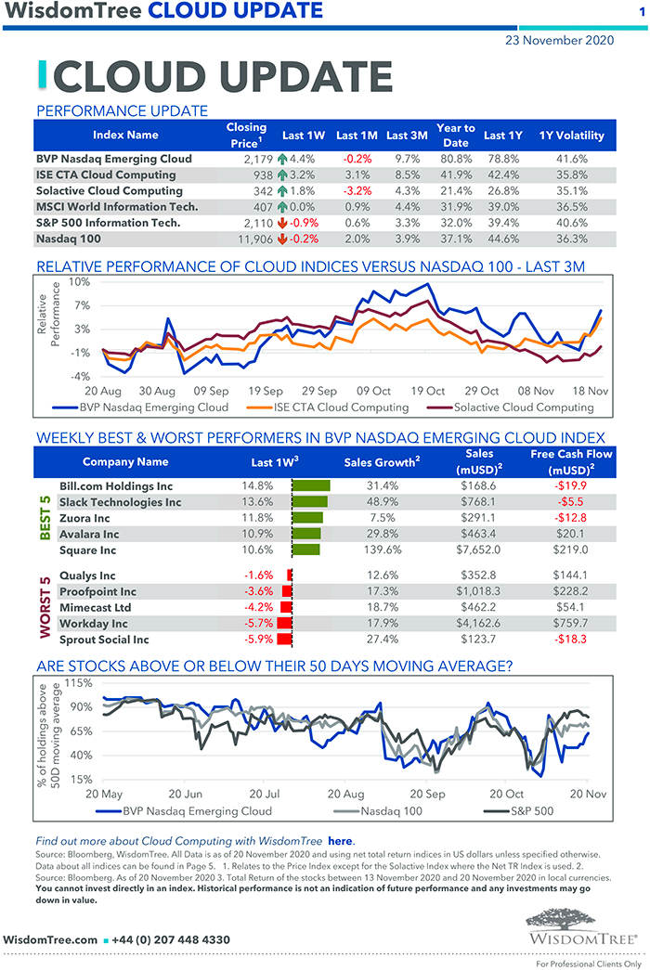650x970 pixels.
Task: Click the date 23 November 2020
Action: [x=559, y=40]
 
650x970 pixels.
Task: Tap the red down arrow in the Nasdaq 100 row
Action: [x=282, y=238]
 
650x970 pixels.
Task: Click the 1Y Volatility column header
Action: [x=571, y=136]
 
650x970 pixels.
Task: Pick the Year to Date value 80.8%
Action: [x=455, y=159]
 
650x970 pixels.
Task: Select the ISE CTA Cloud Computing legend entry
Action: [x=340, y=407]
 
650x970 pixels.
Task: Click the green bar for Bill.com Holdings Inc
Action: [x=312, y=485]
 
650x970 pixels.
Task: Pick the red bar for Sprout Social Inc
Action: [x=287, y=640]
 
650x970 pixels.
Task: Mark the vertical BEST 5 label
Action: [x=44, y=517]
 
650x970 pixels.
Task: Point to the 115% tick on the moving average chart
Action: [x=78, y=683]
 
